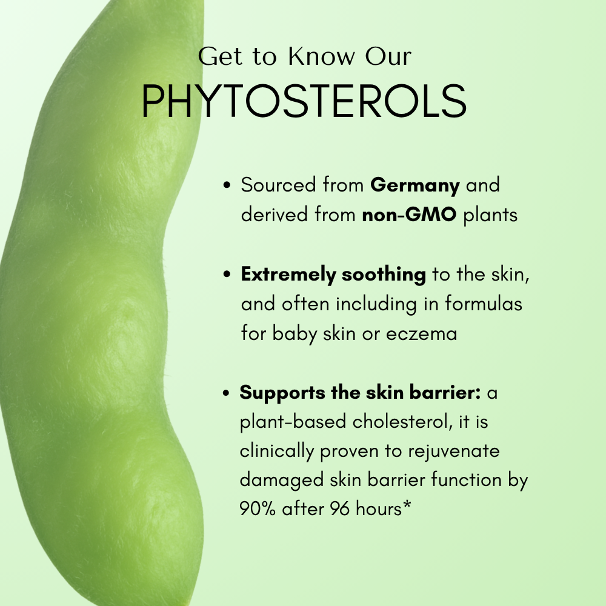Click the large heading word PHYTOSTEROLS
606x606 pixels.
pos(304,102)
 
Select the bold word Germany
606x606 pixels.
pos(415,185)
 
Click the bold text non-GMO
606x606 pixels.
pos(409,215)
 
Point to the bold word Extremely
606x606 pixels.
pos(288,275)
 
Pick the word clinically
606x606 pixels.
pos(279,451)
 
